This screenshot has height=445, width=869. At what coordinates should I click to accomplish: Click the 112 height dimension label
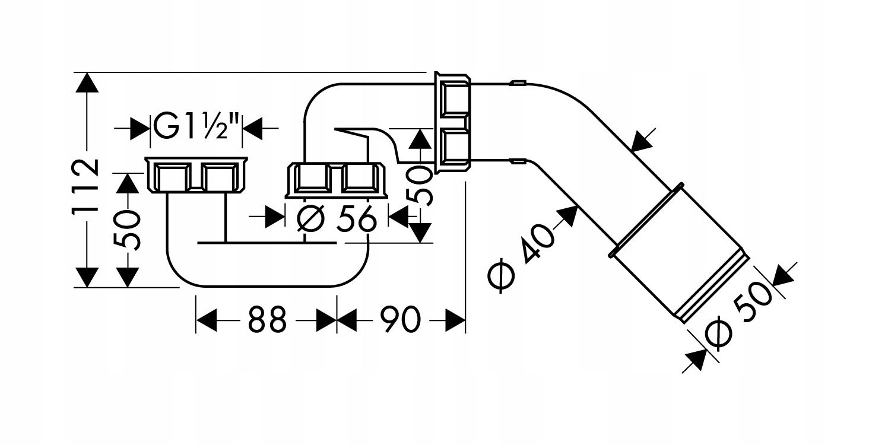pos(85,186)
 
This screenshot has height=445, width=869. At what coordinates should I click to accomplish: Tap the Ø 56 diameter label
pos(336,219)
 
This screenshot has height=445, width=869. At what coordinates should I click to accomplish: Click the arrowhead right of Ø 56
pos(398,217)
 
